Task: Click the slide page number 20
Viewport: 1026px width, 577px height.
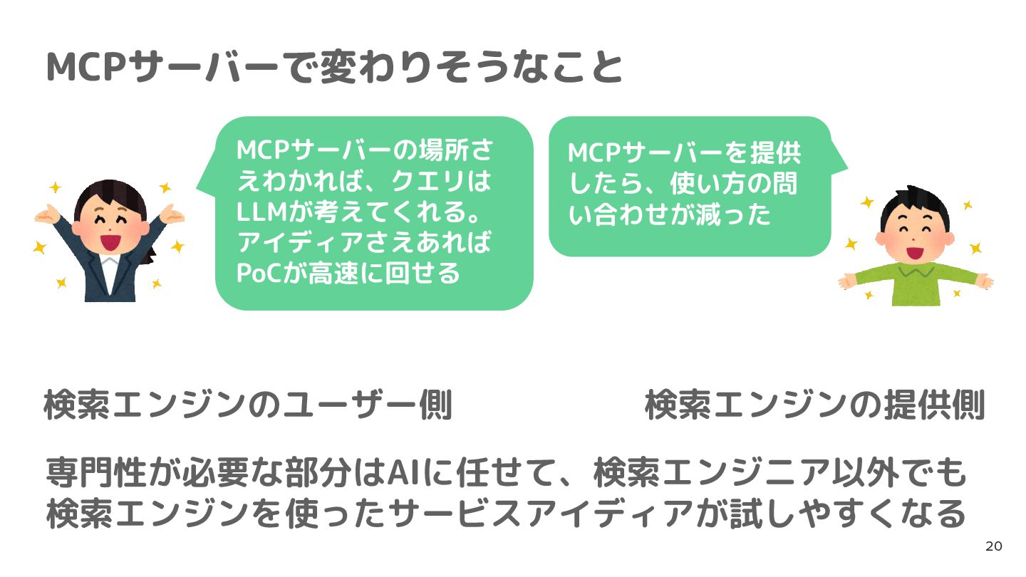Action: pyautogui.click(x=993, y=546)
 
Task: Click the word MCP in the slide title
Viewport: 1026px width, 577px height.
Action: pyautogui.click(x=79, y=68)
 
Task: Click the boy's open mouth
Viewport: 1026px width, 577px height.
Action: pyautogui.click(x=914, y=251)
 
